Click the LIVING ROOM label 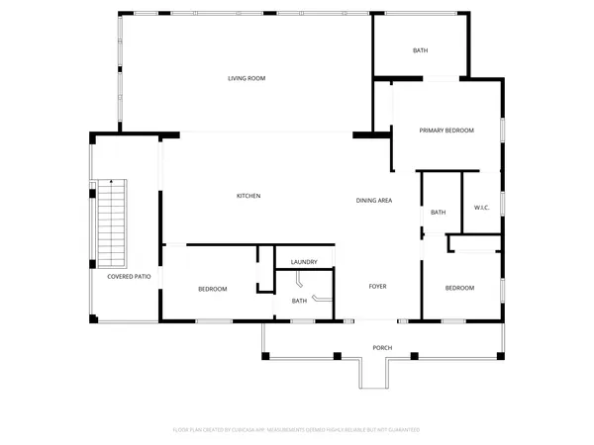click(247, 78)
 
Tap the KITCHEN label click(247, 196)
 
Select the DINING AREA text click(374, 201)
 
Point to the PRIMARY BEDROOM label click(445, 131)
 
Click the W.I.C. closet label click(483, 208)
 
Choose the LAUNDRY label click(304, 262)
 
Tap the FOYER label click(377, 287)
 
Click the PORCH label click(382, 347)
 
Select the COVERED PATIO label click(129, 277)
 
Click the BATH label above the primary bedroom click(419, 50)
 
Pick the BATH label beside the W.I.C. click(438, 212)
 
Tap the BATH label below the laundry click(298, 301)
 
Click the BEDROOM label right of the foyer click(458, 288)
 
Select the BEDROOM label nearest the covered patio click(212, 289)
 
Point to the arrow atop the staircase click(112, 182)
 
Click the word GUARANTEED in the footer click(403, 430)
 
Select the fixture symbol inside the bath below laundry click(321, 298)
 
